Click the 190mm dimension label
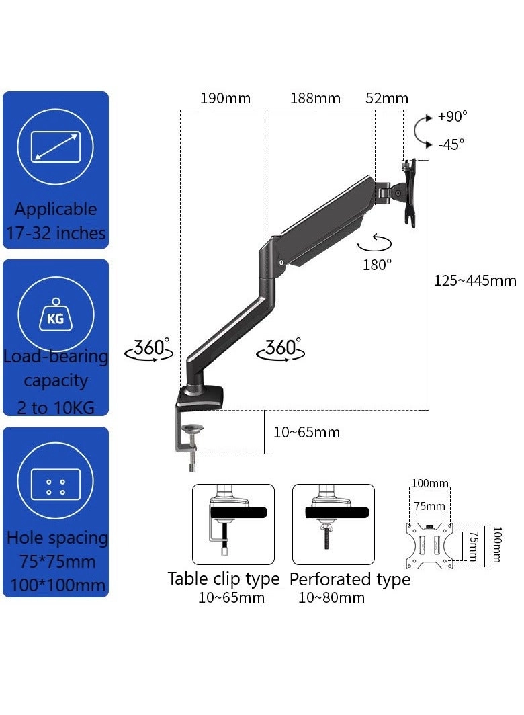[x=225, y=99]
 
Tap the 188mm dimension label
[x=315, y=99]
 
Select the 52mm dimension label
[x=387, y=99]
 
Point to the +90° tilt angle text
[x=452, y=116]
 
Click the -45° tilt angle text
[x=451, y=144]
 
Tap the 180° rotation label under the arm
[x=377, y=264]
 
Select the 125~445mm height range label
[x=475, y=280]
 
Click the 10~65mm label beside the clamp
[x=306, y=432]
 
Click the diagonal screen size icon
[x=56, y=146]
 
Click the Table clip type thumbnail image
[x=233, y=524]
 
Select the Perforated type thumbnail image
[x=333, y=524]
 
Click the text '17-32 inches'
[x=56, y=233]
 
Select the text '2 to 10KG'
[x=56, y=407]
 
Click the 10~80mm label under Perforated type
[x=331, y=597]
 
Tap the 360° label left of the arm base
[x=149, y=348]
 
